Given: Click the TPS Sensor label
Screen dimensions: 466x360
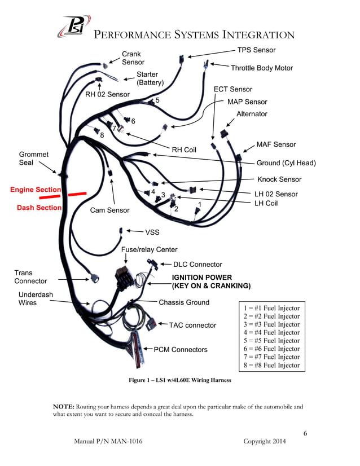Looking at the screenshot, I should tap(256, 50).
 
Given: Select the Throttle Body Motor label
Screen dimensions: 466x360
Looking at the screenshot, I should tap(261, 68).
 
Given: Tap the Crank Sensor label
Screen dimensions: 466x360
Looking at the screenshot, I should tap(133, 58).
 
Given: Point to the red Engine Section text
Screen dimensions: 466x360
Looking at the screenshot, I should tap(35, 190).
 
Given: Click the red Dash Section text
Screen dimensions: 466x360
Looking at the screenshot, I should tap(39, 208).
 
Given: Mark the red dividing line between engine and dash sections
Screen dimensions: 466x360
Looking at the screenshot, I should tap(74, 194).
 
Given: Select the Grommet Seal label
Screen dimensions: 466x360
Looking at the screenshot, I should tap(33, 159).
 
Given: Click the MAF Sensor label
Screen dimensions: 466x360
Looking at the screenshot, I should tap(276, 145).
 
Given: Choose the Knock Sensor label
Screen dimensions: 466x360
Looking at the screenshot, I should tap(279, 179).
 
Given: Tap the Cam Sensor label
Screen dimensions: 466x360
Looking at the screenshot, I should tap(109, 210).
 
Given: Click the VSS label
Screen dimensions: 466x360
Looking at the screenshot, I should tap(152, 231).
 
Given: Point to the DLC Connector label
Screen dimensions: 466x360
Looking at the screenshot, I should tap(197, 264).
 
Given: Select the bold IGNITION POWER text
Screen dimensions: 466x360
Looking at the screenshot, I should tap(201, 277).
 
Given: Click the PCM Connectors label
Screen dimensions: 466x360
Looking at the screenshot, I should tap(181, 350).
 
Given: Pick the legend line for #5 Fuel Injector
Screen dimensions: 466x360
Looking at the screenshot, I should tap(271, 341).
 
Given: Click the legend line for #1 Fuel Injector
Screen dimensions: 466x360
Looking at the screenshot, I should tap(271, 308).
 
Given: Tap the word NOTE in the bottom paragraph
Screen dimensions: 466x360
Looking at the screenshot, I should tap(63, 406).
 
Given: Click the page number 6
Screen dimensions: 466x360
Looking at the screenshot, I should tap(305, 433).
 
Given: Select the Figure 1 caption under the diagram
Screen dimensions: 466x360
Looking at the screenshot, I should tap(180, 380).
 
